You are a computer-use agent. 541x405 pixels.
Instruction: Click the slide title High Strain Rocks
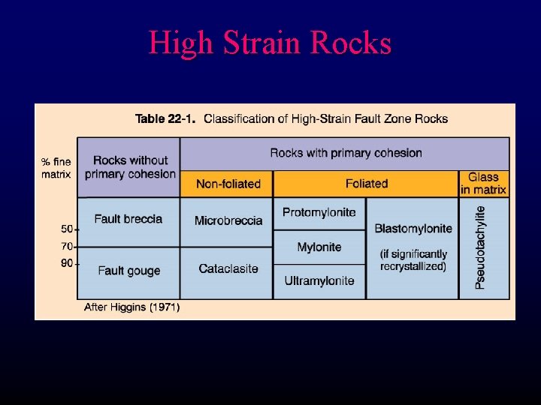pyautogui.click(x=270, y=43)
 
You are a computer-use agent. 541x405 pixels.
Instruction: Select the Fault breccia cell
pyautogui.click(x=128, y=219)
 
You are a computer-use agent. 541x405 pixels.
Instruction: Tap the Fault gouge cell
pyautogui.click(x=128, y=271)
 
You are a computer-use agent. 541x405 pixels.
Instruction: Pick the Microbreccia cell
pyautogui.click(x=228, y=220)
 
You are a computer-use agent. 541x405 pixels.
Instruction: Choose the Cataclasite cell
pyautogui.click(x=228, y=268)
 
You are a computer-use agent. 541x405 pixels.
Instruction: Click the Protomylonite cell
pyautogui.click(x=319, y=213)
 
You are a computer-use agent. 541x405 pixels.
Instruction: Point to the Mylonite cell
pyautogui.click(x=319, y=247)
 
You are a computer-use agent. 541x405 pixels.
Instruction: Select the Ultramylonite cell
pyautogui.click(x=319, y=280)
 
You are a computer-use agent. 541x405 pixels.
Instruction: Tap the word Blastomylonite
pyautogui.click(x=413, y=228)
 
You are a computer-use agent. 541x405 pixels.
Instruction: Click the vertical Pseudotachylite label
pyautogui.click(x=481, y=247)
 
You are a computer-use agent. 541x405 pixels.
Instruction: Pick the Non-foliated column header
pyautogui.click(x=228, y=184)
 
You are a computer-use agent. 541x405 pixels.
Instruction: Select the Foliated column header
pyautogui.click(x=367, y=183)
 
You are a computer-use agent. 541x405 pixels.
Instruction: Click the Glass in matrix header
pyautogui.click(x=483, y=184)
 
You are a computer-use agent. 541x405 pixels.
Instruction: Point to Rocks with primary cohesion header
pyautogui.click(x=346, y=153)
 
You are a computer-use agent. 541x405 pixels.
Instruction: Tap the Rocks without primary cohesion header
pyautogui.click(x=130, y=167)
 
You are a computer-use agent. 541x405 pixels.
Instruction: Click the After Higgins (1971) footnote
pyautogui.click(x=132, y=307)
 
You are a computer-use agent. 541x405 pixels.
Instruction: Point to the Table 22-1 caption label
pyautogui.click(x=165, y=118)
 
